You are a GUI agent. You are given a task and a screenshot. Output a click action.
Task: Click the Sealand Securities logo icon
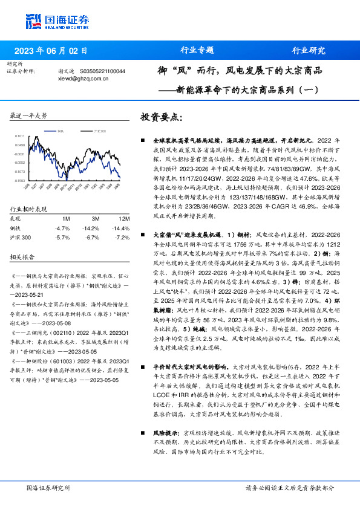pyautogui.click(x=34, y=21)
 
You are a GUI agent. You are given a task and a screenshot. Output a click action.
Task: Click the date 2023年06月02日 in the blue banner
pyautogui.click(x=51, y=50)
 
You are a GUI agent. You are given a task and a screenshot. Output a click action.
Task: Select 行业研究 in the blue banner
pyautogui.click(x=309, y=50)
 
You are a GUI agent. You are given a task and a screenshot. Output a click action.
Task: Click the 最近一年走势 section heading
pyautogui.click(x=28, y=115)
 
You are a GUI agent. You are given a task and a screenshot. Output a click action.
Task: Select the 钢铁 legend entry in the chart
pyautogui.click(x=61, y=131)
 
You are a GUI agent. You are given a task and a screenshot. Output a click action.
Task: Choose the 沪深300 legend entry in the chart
pyautogui.click(x=100, y=131)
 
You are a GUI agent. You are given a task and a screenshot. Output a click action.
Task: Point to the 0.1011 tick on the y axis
pyautogui.click(x=20, y=136)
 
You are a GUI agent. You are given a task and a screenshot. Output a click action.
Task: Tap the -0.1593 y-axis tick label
pyautogui.click(x=20, y=181)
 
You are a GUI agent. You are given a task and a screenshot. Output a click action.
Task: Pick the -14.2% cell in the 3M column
pyautogui.click(x=91, y=228)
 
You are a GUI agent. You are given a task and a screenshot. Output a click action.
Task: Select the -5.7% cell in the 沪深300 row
pyautogui.click(x=62, y=238)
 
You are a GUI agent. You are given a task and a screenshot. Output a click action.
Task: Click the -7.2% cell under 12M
pyautogui.click(x=122, y=238)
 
